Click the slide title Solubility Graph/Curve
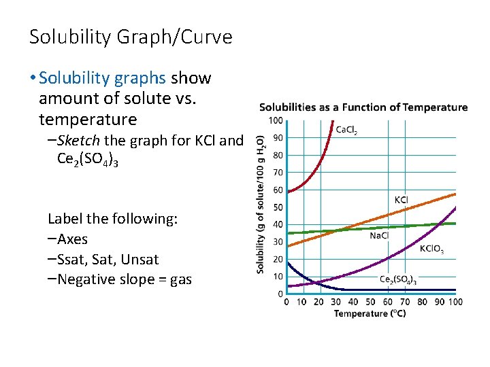click(131, 37)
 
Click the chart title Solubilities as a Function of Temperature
click(363, 107)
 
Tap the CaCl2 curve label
click(346, 130)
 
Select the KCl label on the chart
click(402, 200)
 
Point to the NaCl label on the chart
click(380, 235)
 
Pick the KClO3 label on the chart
click(431, 249)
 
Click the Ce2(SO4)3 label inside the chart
click(397, 279)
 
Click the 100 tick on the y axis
click(276, 120)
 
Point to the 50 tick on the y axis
click(278, 207)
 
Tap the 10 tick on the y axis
click(278, 277)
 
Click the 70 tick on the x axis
click(405, 302)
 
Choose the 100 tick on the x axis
click(455, 302)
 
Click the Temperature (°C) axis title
click(370, 313)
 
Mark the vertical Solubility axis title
click(261, 204)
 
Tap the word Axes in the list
click(72, 239)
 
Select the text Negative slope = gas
click(125, 279)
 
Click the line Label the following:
click(112, 219)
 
